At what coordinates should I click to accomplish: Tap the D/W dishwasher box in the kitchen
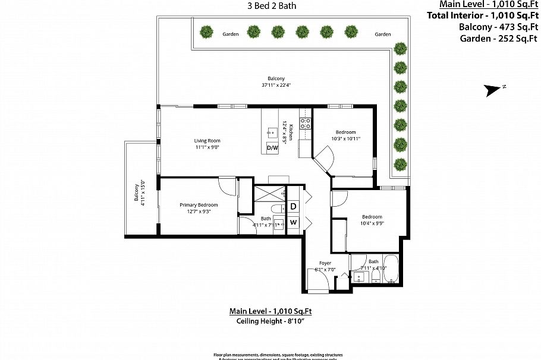[272, 147]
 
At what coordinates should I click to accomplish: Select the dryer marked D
[293, 207]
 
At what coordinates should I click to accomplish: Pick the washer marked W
[293, 223]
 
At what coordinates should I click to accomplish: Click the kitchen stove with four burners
[305, 124]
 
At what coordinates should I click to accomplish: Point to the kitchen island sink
[273, 131]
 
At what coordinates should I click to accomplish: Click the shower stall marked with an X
[269, 194]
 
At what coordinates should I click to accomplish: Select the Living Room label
[207, 141]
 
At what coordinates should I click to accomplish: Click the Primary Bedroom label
[199, 205]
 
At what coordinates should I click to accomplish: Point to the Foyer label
[325, 263]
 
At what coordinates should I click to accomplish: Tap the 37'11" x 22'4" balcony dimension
[276, 85]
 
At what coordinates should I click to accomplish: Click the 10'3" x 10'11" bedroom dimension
[345, 138]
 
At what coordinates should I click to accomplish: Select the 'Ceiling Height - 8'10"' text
[271, 321]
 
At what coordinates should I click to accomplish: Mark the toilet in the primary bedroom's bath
[276, 209]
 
